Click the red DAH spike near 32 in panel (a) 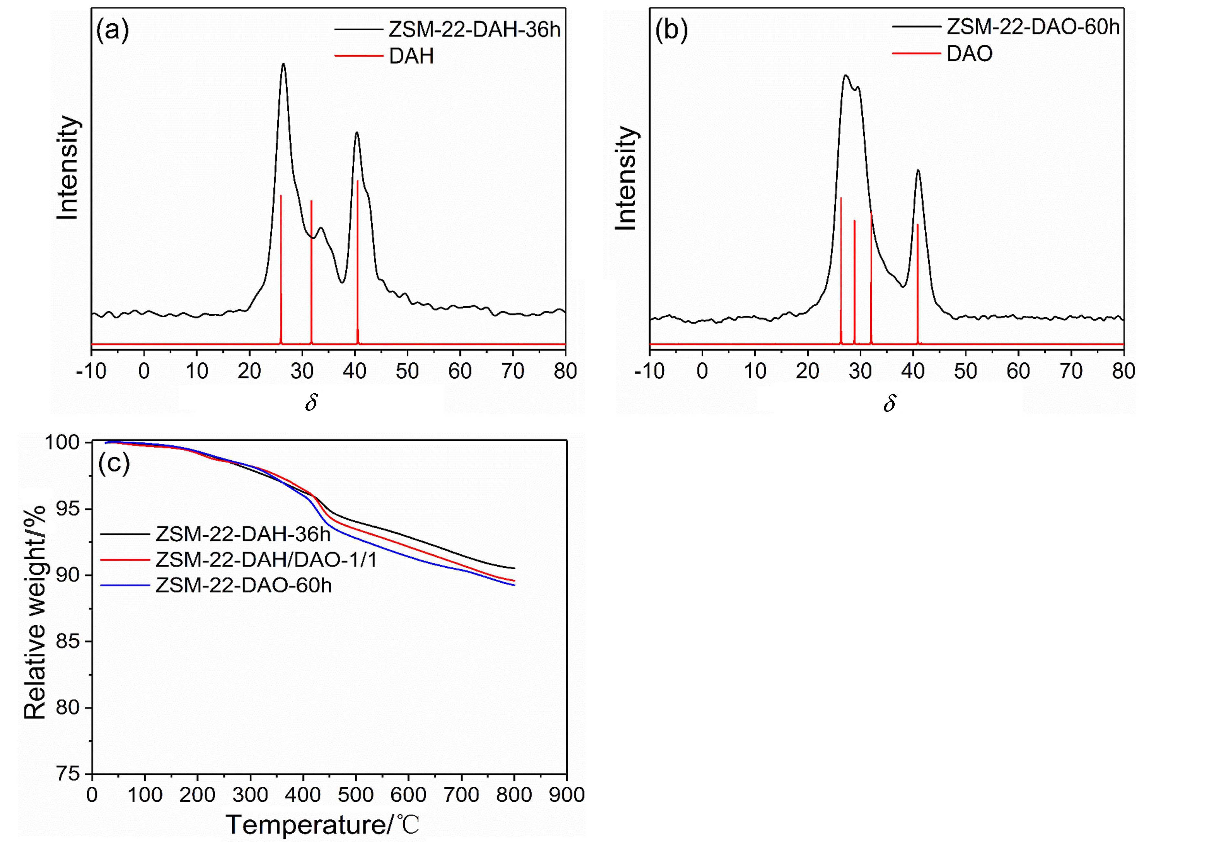pyautogui.click(x=311, y=264)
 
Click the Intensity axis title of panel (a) pyautogui.click(x=69, y=168)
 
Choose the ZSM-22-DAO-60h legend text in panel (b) pyautogui.click(x=1033, y=27)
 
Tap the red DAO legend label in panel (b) pyautogui.click(x=969, y=54)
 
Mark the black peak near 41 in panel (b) pyautogui.click(x=918, y=170)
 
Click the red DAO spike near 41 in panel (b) pyautogui.click(x=918, y=274)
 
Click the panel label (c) pyautogui.click(x=114, y=464)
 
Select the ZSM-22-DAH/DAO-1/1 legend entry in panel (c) pyautogui.click(x=266, y=560)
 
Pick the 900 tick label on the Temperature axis pyautogui.click(x=566, y=794)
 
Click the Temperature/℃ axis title pyautogui.click(x=323, y=824)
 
